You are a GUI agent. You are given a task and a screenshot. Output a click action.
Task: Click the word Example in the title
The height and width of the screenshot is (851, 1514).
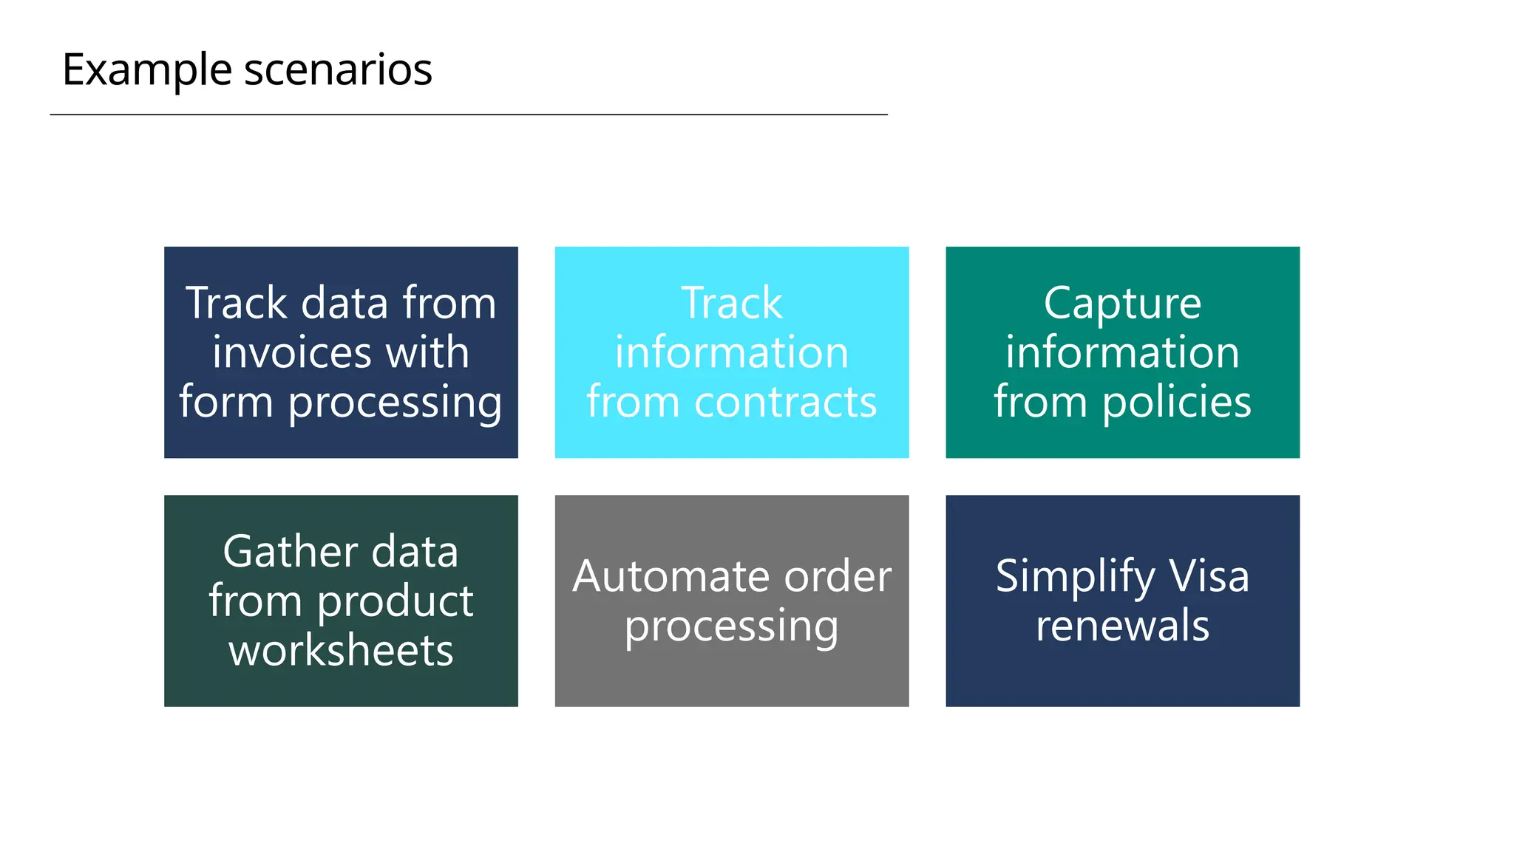146,70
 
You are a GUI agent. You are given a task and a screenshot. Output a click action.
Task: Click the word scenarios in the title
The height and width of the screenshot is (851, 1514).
338,70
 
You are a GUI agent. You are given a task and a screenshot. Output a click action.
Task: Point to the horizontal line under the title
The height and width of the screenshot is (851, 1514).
468,115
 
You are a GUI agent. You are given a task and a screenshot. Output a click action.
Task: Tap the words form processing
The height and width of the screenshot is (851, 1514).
340,403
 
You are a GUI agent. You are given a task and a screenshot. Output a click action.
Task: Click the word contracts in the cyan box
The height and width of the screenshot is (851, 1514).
785,403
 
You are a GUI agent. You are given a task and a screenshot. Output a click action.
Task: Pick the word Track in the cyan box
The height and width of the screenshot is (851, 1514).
731,303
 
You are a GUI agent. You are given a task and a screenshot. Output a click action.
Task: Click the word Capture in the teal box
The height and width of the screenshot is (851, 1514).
1122,303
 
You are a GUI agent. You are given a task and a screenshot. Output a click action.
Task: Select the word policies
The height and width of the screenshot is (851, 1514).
1177,403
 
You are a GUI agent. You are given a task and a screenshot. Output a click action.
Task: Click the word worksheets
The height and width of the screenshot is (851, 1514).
341,651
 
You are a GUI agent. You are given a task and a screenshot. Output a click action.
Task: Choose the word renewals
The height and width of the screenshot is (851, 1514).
1122,626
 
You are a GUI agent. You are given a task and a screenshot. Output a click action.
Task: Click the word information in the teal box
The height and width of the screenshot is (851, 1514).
1122,352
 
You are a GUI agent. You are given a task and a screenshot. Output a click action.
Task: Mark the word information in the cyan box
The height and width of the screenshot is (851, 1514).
731,352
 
